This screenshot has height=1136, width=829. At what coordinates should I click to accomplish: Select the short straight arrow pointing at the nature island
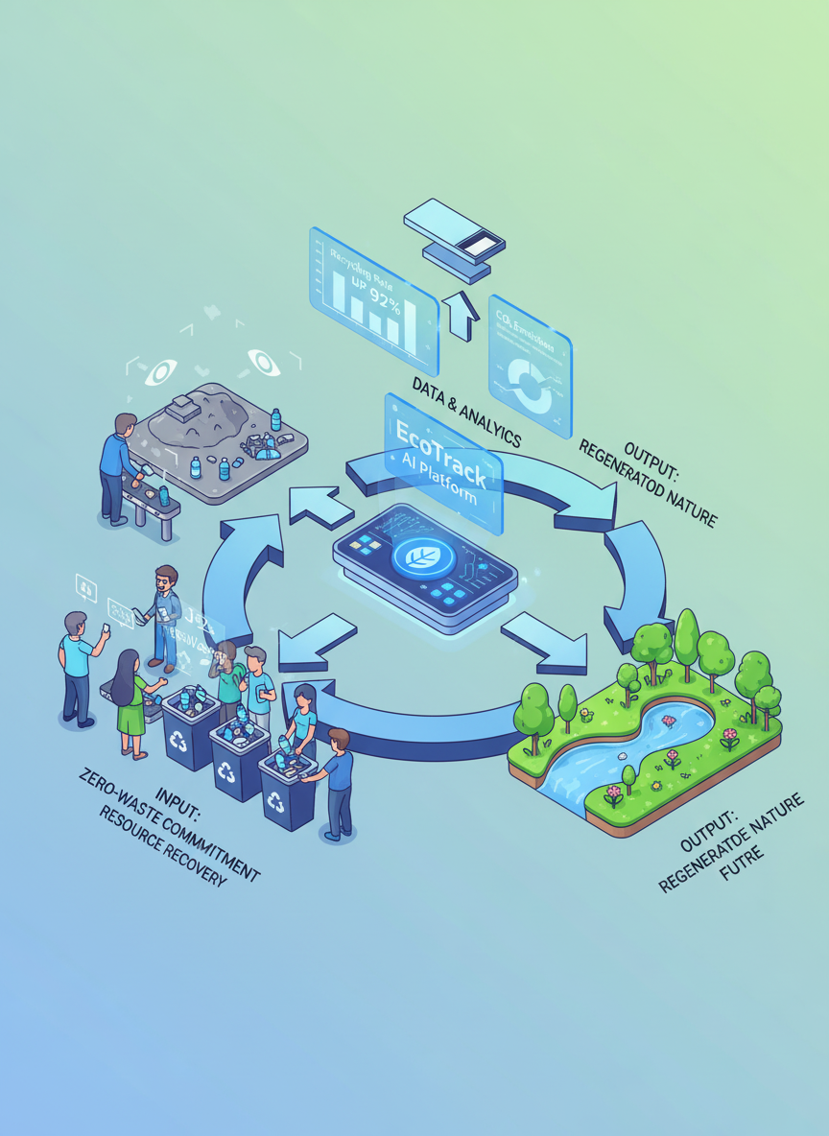click(x=545, y=642)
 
